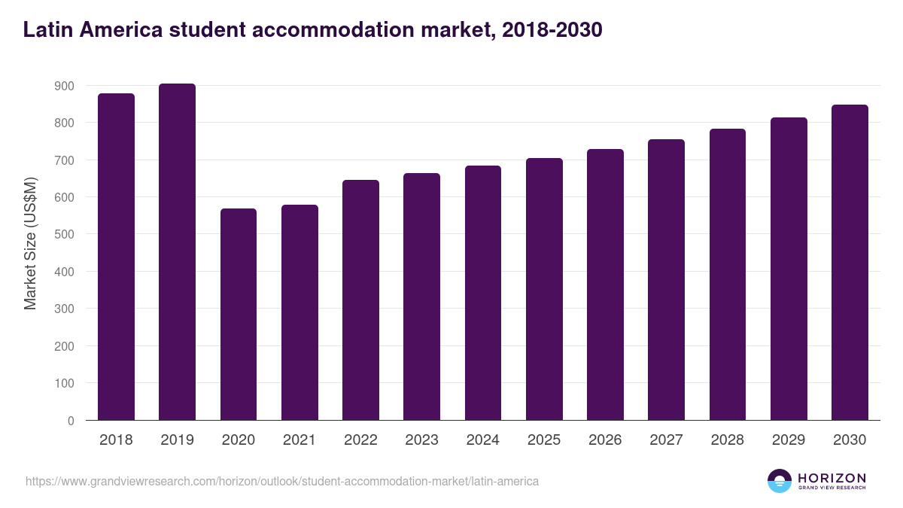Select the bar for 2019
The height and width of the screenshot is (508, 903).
tap(177, 252)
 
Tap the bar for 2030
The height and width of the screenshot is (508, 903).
tap(850, 263)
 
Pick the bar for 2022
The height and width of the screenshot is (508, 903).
tap(360, 300)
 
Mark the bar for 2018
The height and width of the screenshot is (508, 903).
tap(116, 257)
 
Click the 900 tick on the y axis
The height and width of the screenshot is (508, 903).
tap(65, 86)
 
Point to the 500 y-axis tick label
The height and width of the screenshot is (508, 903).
tap(65, 235)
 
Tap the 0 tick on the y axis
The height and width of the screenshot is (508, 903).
tap(71, 421)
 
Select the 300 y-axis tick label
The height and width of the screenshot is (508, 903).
tap(65, 309)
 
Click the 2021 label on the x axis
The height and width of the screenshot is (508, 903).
tap(299, 440)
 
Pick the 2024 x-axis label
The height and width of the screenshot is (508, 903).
tap(483, 440)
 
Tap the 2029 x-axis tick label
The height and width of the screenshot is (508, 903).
tap(789, 440)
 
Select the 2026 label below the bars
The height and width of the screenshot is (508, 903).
tap(605, 440)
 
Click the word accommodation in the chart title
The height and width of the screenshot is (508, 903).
tap(332, 30)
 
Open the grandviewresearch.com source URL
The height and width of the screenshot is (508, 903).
tap(282, 481)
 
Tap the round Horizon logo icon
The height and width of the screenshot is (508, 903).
tap(780, 481)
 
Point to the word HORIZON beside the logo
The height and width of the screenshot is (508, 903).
tap(832, 478)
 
